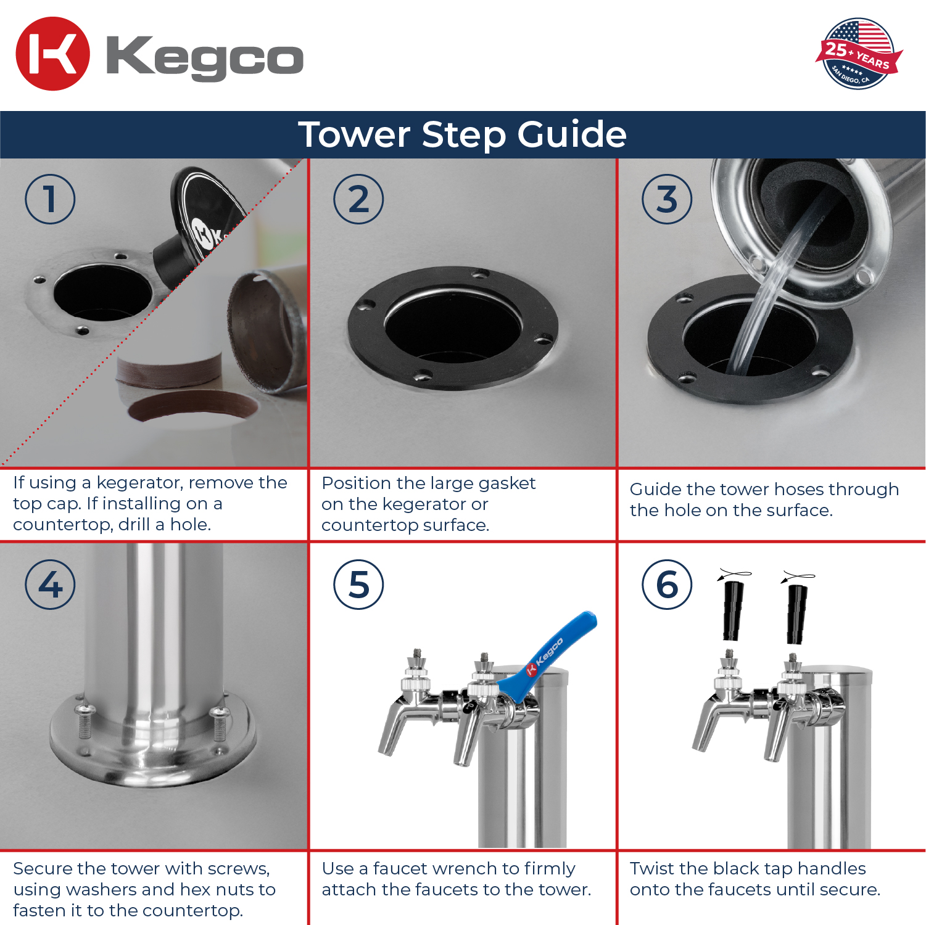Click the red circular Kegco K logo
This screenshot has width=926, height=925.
click(52, 54)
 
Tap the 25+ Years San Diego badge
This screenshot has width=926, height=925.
click(859, 54)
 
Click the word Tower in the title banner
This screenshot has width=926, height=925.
click(354, 134)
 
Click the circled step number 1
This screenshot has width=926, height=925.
click(50, 199)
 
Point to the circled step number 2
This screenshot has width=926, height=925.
click(358, 199)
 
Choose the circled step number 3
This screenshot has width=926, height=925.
click(667, 199)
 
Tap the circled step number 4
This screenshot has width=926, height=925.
click(50, 585)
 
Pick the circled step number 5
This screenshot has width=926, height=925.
click(358, 585)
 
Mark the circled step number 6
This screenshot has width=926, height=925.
click(667, 585)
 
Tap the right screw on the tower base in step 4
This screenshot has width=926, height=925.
click(220, 724)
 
